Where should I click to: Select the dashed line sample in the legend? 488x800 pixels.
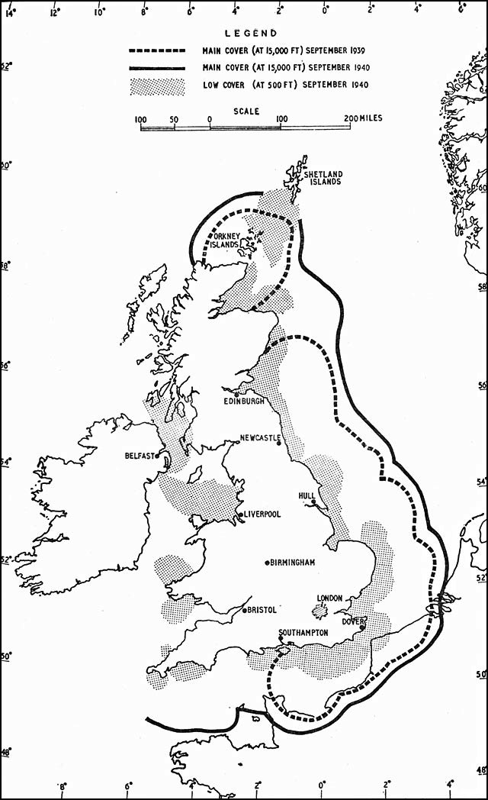click(x=156, y=51)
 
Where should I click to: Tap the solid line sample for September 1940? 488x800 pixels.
click(x=156, y=69)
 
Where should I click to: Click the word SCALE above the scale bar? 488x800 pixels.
click(x=246, y=111)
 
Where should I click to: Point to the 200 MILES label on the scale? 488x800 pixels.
click(x=364, y=119)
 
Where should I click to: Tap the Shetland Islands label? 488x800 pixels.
click(x=322, y=178)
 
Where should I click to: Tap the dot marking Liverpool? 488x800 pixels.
click(x=241, y=515)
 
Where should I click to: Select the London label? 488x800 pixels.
click(x=330, y=598)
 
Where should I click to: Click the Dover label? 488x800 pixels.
click(x=353, y=621)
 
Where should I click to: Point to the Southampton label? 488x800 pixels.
click(x=303, y=633)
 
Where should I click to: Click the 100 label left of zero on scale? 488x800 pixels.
click(x=140, y=119)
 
